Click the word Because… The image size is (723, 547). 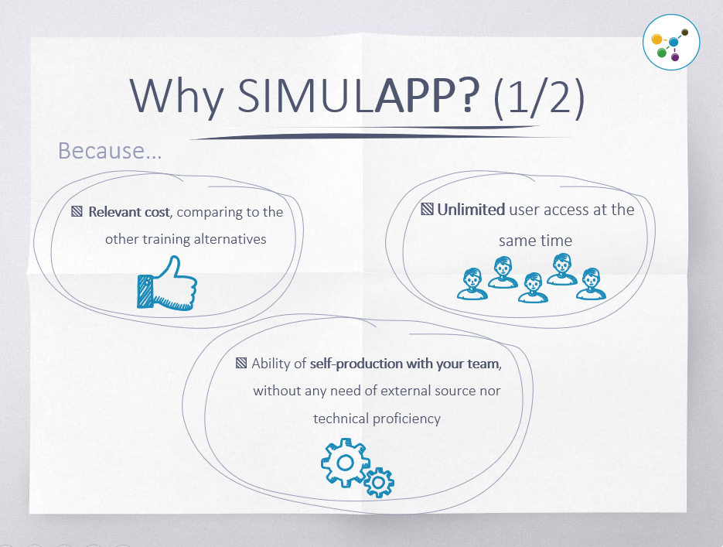(110, 151)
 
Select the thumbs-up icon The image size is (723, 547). (166, 282)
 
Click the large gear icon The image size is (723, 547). (345, 462)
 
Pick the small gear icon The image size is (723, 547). (378, 481)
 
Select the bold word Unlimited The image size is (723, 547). (471, 210)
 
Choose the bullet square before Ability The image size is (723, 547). (241, 363)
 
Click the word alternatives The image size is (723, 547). (228, 239)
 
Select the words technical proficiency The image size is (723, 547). (377, 419)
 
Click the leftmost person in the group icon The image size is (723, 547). (471, 284)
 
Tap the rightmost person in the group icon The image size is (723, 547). (592, 284)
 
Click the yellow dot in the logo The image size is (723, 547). (656, 39)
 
